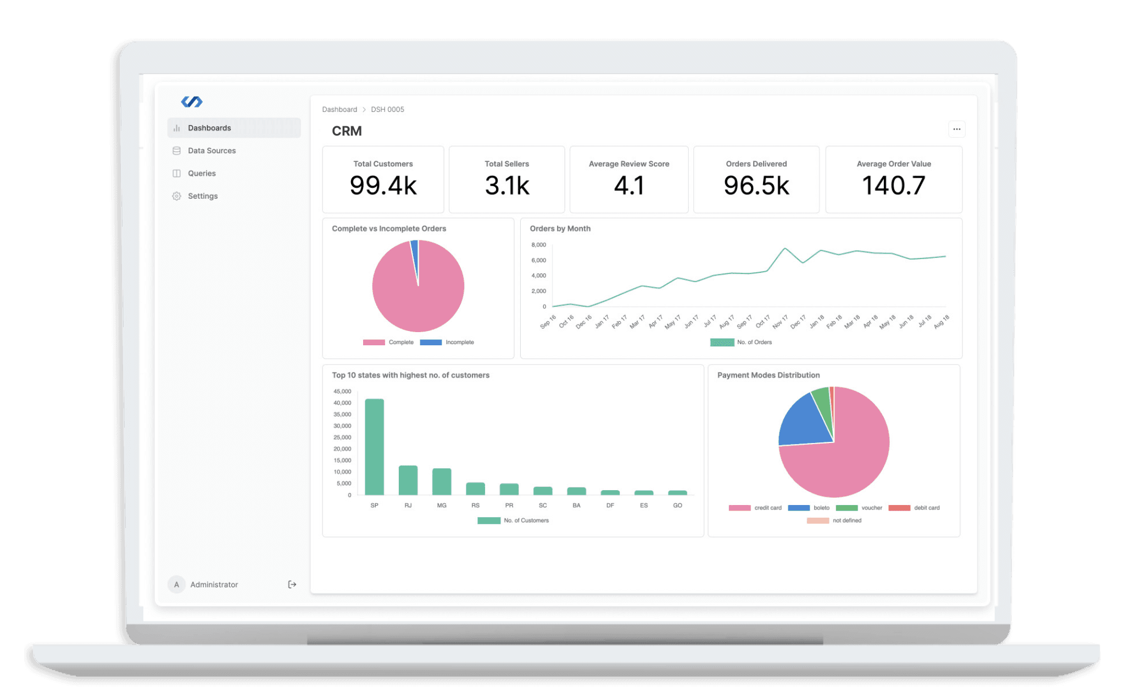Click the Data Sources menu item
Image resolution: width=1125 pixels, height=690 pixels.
pyautogui.click(x=211, y=150)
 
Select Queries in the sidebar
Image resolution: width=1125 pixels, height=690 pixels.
pyautogui.click(x=202, y=173)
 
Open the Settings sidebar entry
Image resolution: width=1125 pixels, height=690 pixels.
pyautogui.click(x=203, y=196)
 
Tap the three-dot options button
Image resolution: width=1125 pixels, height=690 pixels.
pyautogui.click(x=956, y=130)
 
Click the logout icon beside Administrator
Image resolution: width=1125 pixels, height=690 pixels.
pyautogui.click(x=292, y=585)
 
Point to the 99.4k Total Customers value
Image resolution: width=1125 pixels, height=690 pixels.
pyautogui.click(x=383, y=186)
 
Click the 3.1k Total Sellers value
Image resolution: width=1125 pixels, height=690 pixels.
pyautogui.click(x=506, y=186)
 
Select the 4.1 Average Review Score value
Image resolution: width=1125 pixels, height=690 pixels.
pyautogui.click(x=629, y=186)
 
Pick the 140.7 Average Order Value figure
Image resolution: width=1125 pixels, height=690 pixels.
pyautogui.click(x=894, y=186)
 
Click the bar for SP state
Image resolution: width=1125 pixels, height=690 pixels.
pyautogui.click(x=375, y=447)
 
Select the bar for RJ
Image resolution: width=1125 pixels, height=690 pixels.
pyautogui.click(x=408, y=480)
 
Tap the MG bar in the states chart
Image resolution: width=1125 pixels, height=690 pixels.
pyautogui.click(x=442, y=482)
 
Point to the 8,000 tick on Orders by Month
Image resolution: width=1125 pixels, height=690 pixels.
pyautogui.click(x=538, y=245)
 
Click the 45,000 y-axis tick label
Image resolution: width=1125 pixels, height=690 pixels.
pyautogui.click(x=342, y=391)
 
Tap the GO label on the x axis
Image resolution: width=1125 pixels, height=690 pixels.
pyautogui.click(x=677, y=506)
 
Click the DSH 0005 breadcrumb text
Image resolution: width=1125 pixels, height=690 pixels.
pyautogui.click(x=387, y=110)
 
